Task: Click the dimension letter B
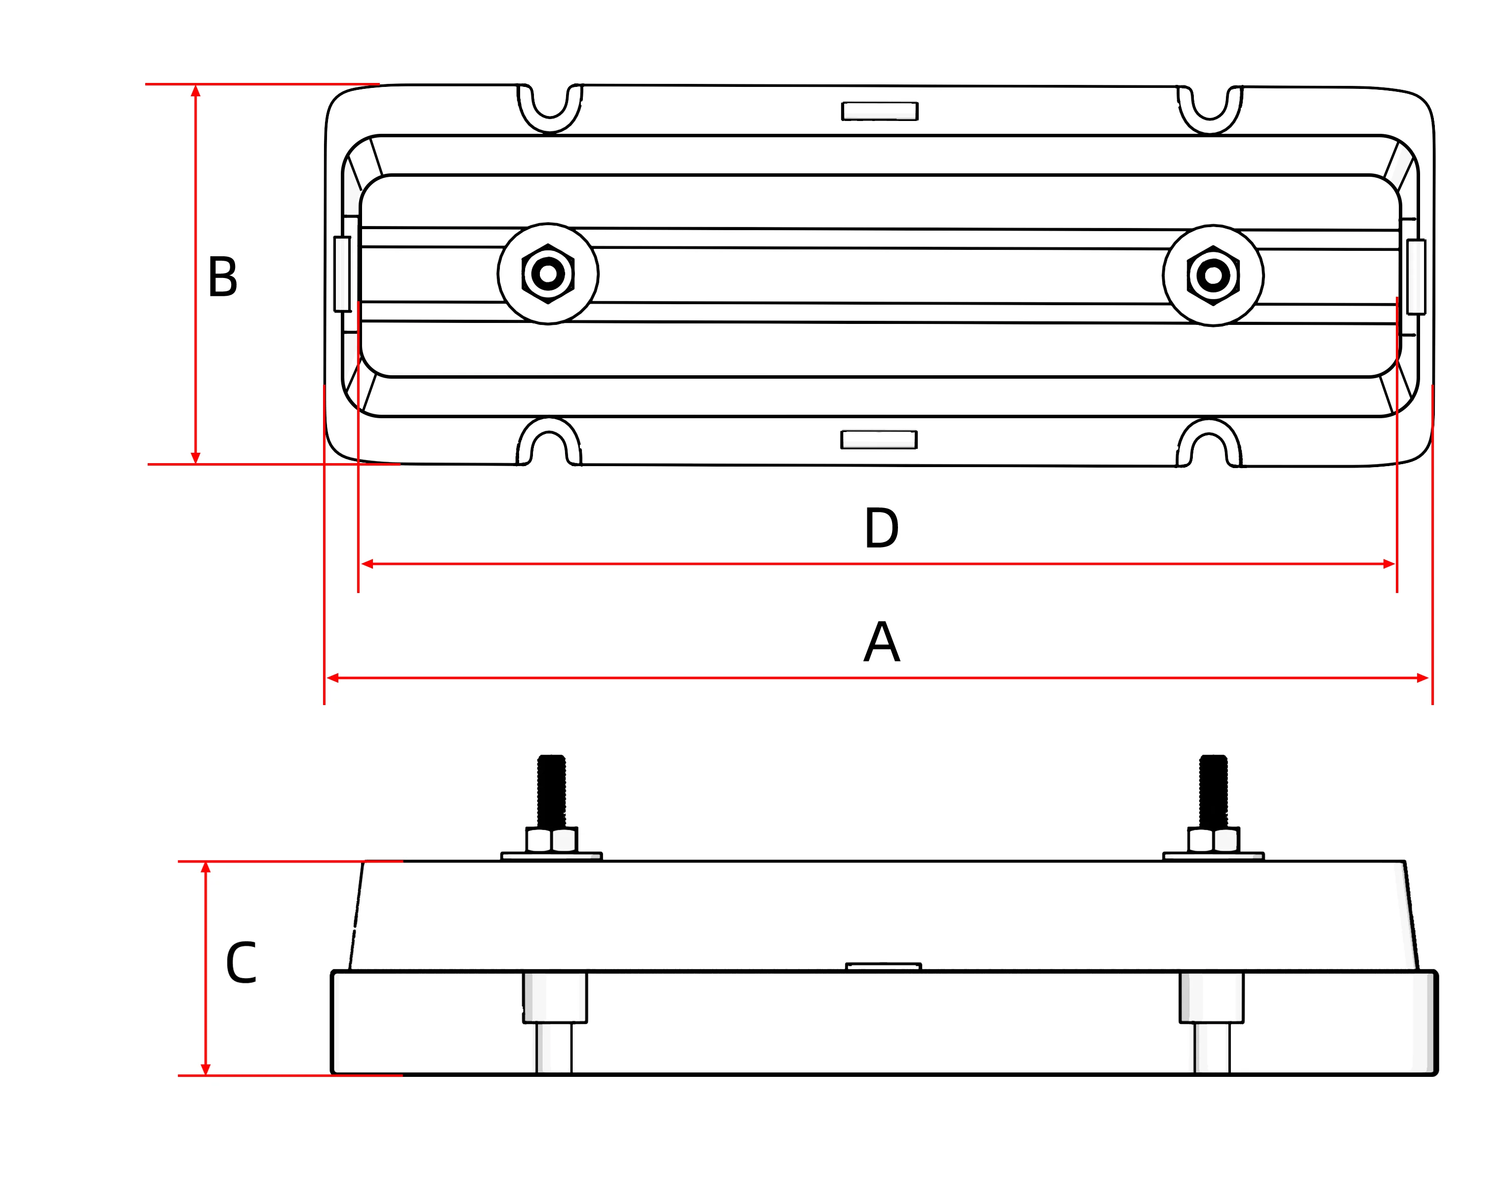tap(222, 277)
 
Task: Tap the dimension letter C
tap(241, 963)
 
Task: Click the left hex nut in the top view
tap(548, 274)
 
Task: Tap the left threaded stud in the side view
tap(551, 791)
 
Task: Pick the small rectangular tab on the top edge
tap(880, 111)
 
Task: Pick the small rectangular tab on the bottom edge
tap(878, 440)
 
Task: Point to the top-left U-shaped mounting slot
tap(550, 104)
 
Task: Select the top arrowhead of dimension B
tap(196, 91)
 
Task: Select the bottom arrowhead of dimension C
tap(205, 1069)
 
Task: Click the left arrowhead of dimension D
tap(368, 563)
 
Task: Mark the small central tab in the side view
tap(883, 966)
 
